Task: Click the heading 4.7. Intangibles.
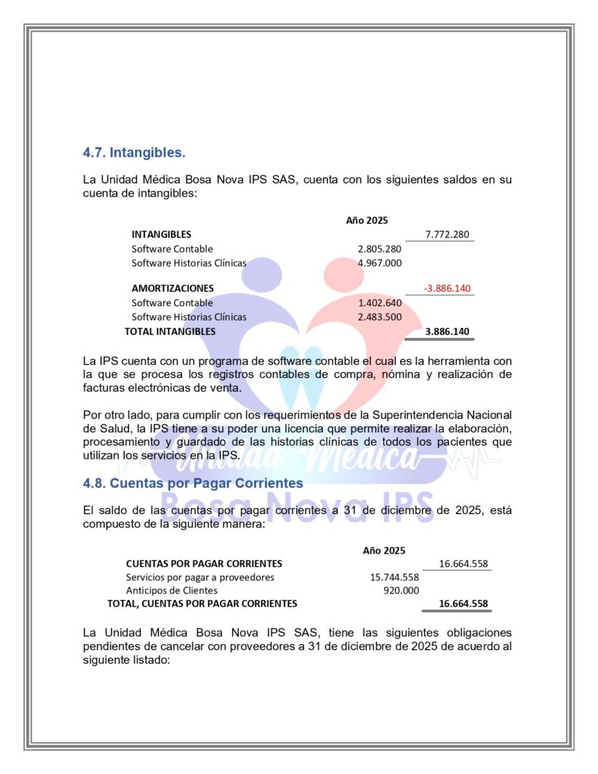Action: point(134,153)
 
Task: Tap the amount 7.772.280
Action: point(448,234)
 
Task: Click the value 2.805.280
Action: point(380,249)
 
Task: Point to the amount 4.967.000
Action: point(380,263)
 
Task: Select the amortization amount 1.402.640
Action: point(380,302)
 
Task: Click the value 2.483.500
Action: point(380,317)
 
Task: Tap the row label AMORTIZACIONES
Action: point(172,288)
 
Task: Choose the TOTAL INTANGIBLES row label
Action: point(170,331)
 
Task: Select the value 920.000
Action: point(401,590)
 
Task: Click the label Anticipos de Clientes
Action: point(172,590)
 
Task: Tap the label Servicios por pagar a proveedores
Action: point(200,577)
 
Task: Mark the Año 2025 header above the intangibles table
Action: point(367,221)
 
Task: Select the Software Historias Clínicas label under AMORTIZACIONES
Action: point(189,317)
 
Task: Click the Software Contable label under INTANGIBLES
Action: point(172,249)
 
